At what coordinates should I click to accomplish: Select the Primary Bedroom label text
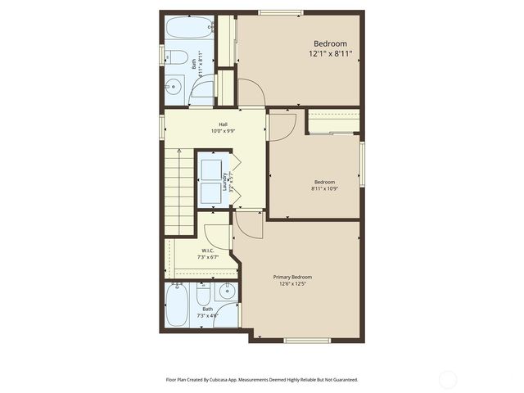292,277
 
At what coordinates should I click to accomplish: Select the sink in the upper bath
174,86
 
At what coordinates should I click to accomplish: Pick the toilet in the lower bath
204,293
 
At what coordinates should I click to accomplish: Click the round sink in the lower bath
226,293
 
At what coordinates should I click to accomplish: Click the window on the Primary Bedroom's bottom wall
307,340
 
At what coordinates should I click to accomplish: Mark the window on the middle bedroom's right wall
361,164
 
